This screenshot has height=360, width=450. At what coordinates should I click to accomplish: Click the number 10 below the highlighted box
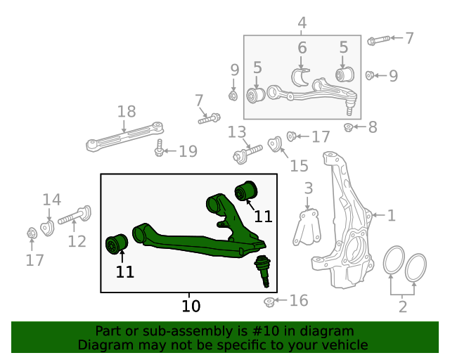click(191, 306)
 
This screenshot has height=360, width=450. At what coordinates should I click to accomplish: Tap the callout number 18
click(127, 111)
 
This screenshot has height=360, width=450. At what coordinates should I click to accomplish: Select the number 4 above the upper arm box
click(302, 23)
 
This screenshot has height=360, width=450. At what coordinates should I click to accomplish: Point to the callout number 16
click(299, 301)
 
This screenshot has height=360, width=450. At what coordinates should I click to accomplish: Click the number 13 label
click(237, 132)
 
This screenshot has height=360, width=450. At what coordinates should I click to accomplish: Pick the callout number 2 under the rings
click(403, 306)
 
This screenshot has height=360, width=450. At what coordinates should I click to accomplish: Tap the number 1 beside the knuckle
click(392, 216)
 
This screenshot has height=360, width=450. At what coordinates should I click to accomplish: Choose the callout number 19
click(188, 150)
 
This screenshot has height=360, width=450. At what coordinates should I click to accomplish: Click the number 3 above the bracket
click(308, 188)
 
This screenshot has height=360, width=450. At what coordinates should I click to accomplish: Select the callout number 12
click(77, 241)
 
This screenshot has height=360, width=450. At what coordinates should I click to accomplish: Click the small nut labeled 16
click(269, 302)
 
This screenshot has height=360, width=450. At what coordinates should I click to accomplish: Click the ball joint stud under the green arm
click(262, 270)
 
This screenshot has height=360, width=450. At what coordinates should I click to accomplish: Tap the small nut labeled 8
click(348, 127)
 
